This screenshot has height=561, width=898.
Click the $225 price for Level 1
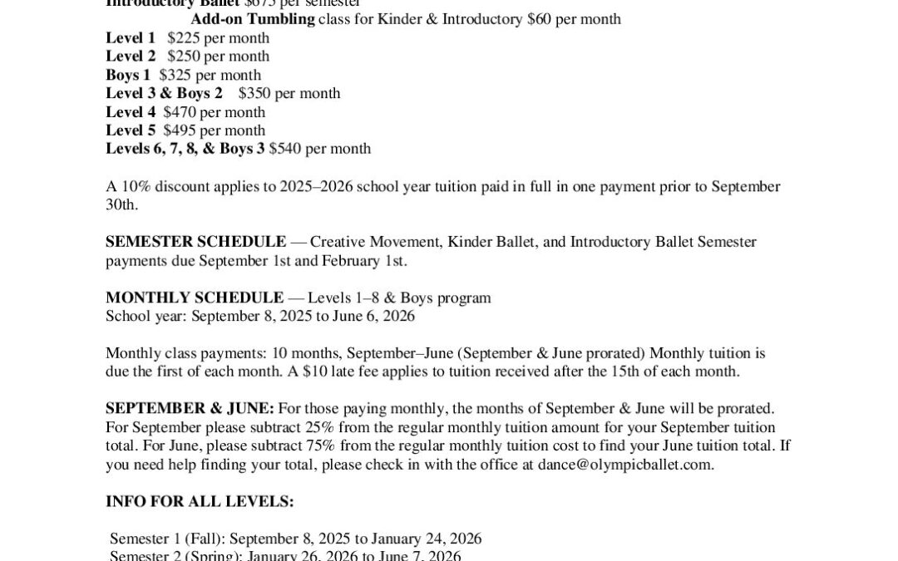tap(182, 38)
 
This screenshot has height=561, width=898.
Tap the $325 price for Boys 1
tap(174, 75)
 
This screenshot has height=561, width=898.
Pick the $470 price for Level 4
tap(179, 112)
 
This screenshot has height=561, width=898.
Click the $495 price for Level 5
tap(179, 130)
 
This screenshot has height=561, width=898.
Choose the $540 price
tap(284, 149)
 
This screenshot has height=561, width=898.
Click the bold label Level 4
tap(131, 112)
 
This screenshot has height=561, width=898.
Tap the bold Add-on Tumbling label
tap(253, 19)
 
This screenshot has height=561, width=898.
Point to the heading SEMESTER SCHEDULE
tap(195, 242)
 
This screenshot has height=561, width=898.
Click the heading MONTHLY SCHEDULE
tap(195, 298)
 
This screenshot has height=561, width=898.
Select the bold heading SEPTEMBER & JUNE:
tap(190, 409)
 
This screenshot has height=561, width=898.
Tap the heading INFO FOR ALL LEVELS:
tap(200, 502)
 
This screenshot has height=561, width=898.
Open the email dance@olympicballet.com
tap(624, 465)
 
